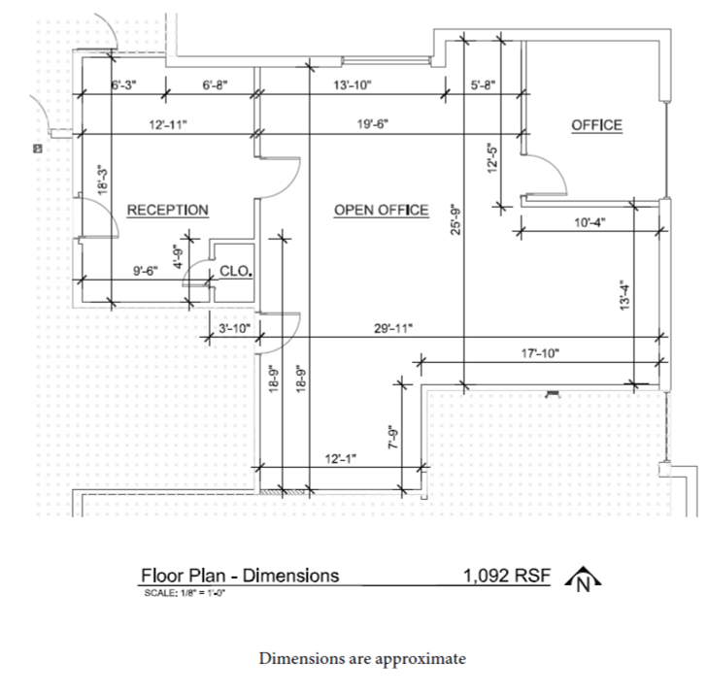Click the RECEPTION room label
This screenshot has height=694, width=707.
point(168,210)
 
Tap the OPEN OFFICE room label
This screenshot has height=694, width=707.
point(381,210)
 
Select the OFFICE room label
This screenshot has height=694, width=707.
point(597,125)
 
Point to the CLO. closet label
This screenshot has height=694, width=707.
point(235,271)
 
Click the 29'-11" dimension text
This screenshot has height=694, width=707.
point(393,328)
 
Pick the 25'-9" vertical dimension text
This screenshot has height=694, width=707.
point(455,220)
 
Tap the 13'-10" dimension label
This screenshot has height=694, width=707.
point(353,84)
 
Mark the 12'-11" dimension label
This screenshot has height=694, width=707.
point(168,124)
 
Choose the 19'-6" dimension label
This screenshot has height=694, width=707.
point(373,124)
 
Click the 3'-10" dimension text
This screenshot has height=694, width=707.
point(234,328)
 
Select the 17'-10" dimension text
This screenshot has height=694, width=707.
point(540,353)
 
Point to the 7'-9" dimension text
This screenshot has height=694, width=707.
point(393,437)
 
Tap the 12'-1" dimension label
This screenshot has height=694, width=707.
point(341,459)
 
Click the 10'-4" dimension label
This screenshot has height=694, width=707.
point(589,222)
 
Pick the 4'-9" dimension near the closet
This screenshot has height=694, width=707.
point(179,257)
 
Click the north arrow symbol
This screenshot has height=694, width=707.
point(583,578)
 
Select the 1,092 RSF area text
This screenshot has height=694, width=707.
point(507,576)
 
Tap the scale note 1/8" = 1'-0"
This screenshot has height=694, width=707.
point(203,593)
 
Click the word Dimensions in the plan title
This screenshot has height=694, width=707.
point(290,576)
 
